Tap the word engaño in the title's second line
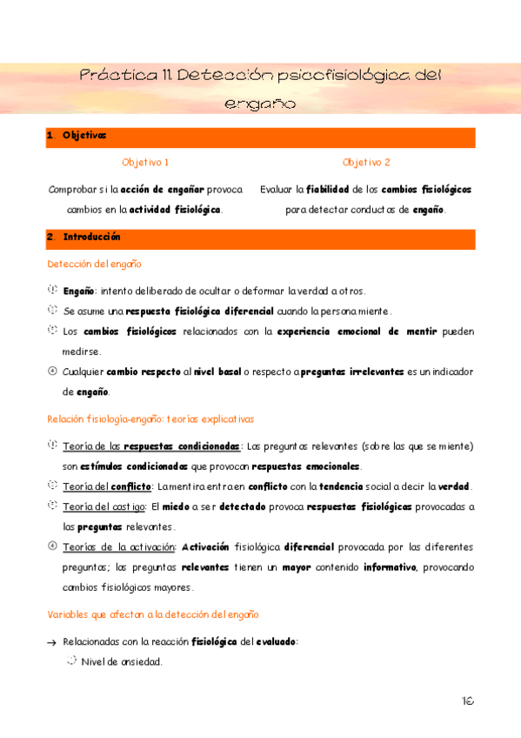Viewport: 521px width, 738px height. click(260, 104)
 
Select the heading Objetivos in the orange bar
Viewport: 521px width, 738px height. click(83, 136)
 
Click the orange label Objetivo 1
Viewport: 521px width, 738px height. click(145, 163)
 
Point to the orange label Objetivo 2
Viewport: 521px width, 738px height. click(366, 163)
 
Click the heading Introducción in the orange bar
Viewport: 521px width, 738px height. click(91, 238)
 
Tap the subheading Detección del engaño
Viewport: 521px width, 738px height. click(94, 264)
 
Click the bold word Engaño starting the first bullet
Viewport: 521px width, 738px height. click(78, 290)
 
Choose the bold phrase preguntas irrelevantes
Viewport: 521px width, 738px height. click(351, 372)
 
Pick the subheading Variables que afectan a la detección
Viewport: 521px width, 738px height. click(153, 615)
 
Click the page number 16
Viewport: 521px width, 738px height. click(469, 700)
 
